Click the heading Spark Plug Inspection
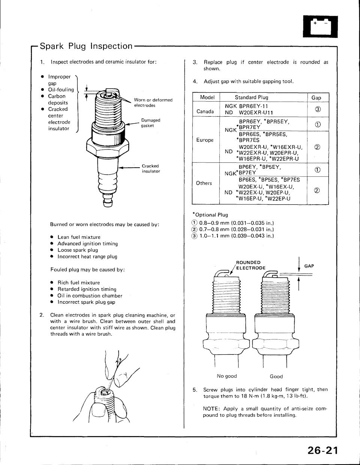tap(86, 46)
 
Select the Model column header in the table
tap(207, 97)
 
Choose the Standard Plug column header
tap(252, 97)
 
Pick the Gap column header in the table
tap(316, 97)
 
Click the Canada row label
tap(205, 112)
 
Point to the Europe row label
tap(205, 140)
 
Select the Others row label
tap(204, 183)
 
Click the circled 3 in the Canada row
tap(317, 109)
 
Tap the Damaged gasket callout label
tap(150, 123)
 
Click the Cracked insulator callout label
tap(151, 168)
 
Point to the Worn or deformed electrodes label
tap(153, 102)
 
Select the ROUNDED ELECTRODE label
tap(250, 265)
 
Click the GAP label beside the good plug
tap(309, 266)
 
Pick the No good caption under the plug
tap(227, 376)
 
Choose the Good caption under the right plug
tap(276, 376)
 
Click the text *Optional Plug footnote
tap(210, 215)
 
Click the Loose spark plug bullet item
tap(78, 250)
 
